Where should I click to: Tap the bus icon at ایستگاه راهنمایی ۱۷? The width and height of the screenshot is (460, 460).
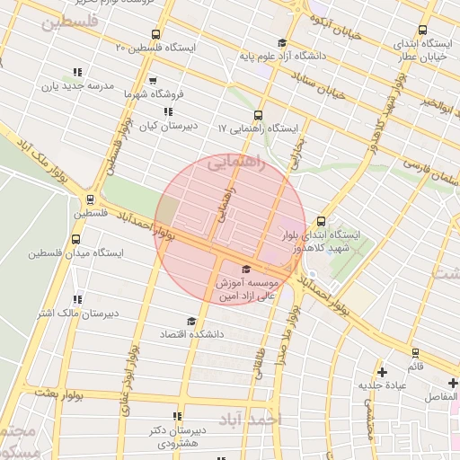[259, 115]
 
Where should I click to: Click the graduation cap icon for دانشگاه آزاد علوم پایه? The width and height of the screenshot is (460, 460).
[282, 43]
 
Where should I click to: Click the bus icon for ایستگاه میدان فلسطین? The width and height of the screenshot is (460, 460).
[75, 241]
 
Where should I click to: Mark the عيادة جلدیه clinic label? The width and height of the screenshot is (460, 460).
[384, 385]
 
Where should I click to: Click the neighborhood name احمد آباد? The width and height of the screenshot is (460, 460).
[251, 420]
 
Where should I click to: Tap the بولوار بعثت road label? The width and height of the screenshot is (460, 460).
[65, 394]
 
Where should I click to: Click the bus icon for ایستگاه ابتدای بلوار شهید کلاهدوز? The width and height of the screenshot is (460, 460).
[322, 221]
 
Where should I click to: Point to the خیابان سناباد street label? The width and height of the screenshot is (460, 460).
[327, 88]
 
